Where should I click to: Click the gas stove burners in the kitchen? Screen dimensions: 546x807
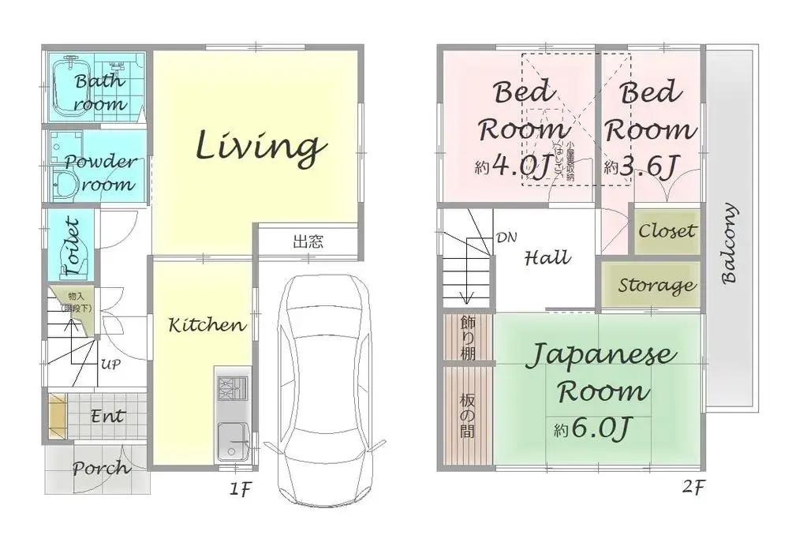tap(232, 390)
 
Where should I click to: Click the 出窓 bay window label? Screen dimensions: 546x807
tap(308, 242)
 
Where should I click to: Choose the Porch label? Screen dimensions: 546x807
tap(101, 468)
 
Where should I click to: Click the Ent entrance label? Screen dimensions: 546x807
tap(106, 415)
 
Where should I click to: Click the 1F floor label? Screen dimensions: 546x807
tap(240, 489)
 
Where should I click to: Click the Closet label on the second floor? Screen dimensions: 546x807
tap(667, 231)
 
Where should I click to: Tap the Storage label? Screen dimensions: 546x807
tap(657, 285)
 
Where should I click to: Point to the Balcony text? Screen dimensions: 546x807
tap(730, 244)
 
